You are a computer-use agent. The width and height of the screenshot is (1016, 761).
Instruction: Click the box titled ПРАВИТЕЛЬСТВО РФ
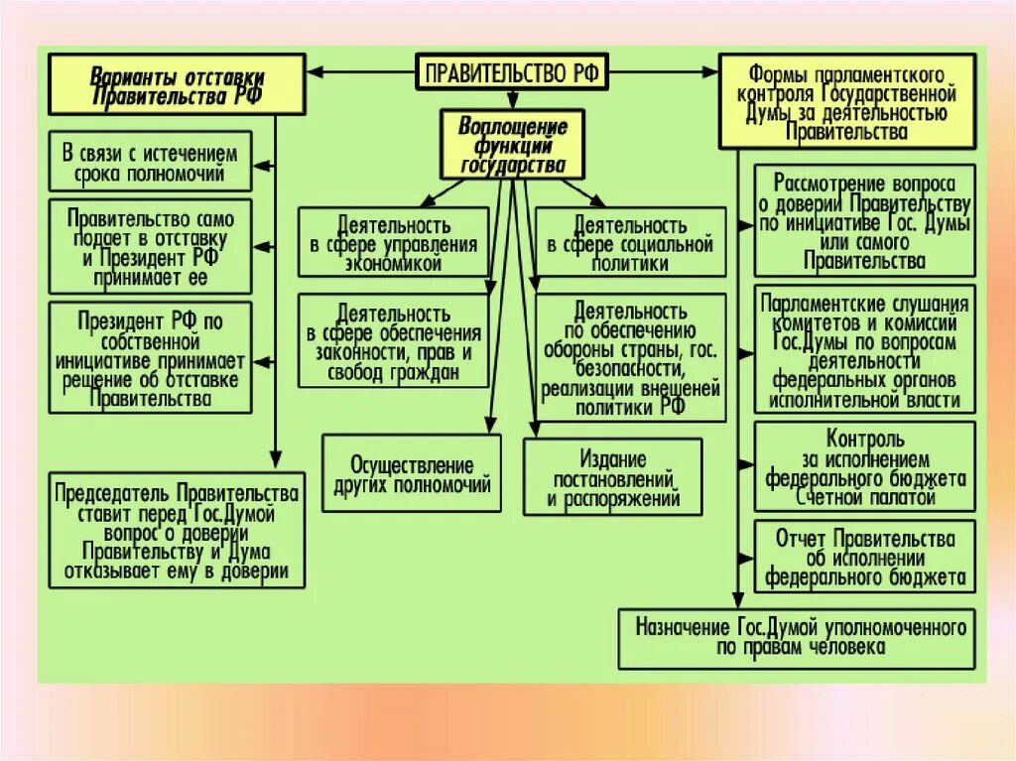click(x=511, y=71)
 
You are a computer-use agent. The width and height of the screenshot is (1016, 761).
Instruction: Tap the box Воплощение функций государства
click(x=512, y=145)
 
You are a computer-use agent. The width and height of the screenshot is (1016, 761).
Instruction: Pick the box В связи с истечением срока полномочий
click(x=150, y=165)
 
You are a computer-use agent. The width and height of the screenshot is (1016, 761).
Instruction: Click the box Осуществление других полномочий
click(x=412, y=475)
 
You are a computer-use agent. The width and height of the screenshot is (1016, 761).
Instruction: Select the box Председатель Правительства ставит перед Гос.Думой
click(x=178, y=532)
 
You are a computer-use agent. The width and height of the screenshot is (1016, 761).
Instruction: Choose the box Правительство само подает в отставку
click(x=150, y=246)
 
